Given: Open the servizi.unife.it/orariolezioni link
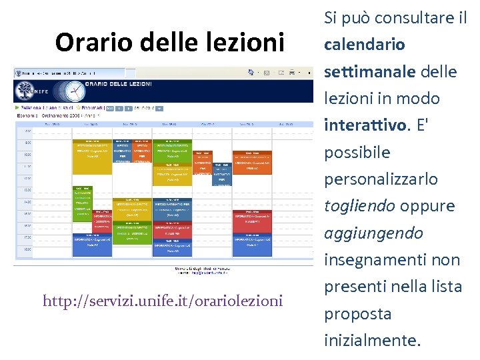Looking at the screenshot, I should coord(163,301).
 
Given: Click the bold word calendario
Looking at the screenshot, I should coord(364,45).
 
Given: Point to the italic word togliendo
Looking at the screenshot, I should coord(360,206).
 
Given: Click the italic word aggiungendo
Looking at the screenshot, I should coord(373,233).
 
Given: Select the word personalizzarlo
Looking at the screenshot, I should coord(381,179).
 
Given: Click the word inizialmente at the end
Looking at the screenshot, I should coord(372,341).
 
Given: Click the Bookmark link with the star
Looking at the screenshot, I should coord(91,107).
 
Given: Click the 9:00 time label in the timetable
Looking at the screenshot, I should coord(27,143).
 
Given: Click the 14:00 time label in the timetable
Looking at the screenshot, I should coord(27,201).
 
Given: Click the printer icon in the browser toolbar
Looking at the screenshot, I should coord(291,72).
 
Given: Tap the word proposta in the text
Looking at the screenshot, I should coord(357,314).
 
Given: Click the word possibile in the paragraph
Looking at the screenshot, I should coord(357,153).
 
